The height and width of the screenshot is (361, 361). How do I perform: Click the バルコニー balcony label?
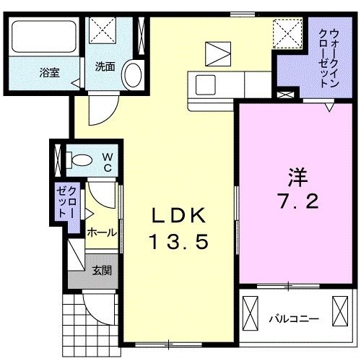[x=294, y=317]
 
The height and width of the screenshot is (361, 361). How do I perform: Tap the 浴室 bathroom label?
[x=49, y=72]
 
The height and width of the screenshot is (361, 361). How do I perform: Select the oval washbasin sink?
[x=132, y=74]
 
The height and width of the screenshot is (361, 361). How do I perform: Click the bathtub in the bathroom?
[x=43, y=36]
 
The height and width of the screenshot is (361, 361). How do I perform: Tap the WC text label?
[x=106, y=161]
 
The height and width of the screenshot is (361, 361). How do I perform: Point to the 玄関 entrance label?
[x=101, y=271]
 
